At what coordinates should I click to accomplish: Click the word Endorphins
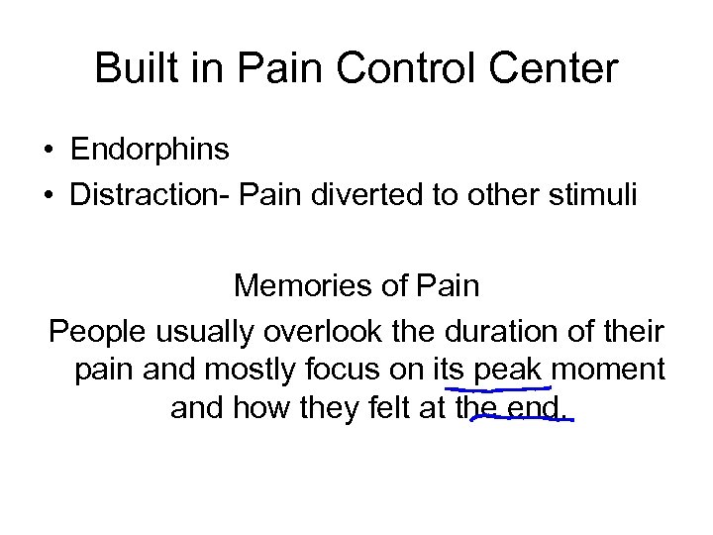pos(150,150)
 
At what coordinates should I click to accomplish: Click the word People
pos(91,330)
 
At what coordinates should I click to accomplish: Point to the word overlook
pos(310,330)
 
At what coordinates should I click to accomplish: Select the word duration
pos(487,330)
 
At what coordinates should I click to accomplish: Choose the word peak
pos(509,369)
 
